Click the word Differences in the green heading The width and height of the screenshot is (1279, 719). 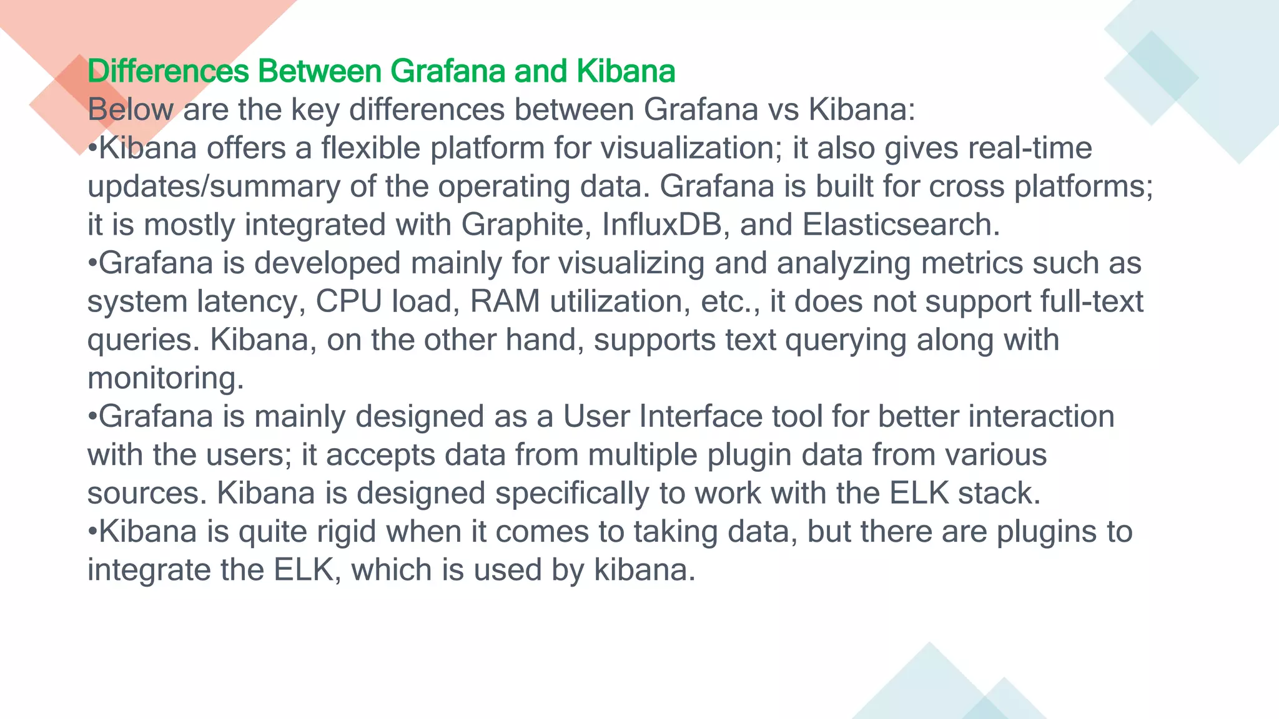168,71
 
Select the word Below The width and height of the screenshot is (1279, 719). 131,110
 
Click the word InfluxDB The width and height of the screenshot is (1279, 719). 666,225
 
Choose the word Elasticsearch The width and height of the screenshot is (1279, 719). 901,225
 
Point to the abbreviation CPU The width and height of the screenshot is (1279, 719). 348,302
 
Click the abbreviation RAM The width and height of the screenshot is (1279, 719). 505,302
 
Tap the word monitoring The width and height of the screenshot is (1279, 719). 165,379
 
